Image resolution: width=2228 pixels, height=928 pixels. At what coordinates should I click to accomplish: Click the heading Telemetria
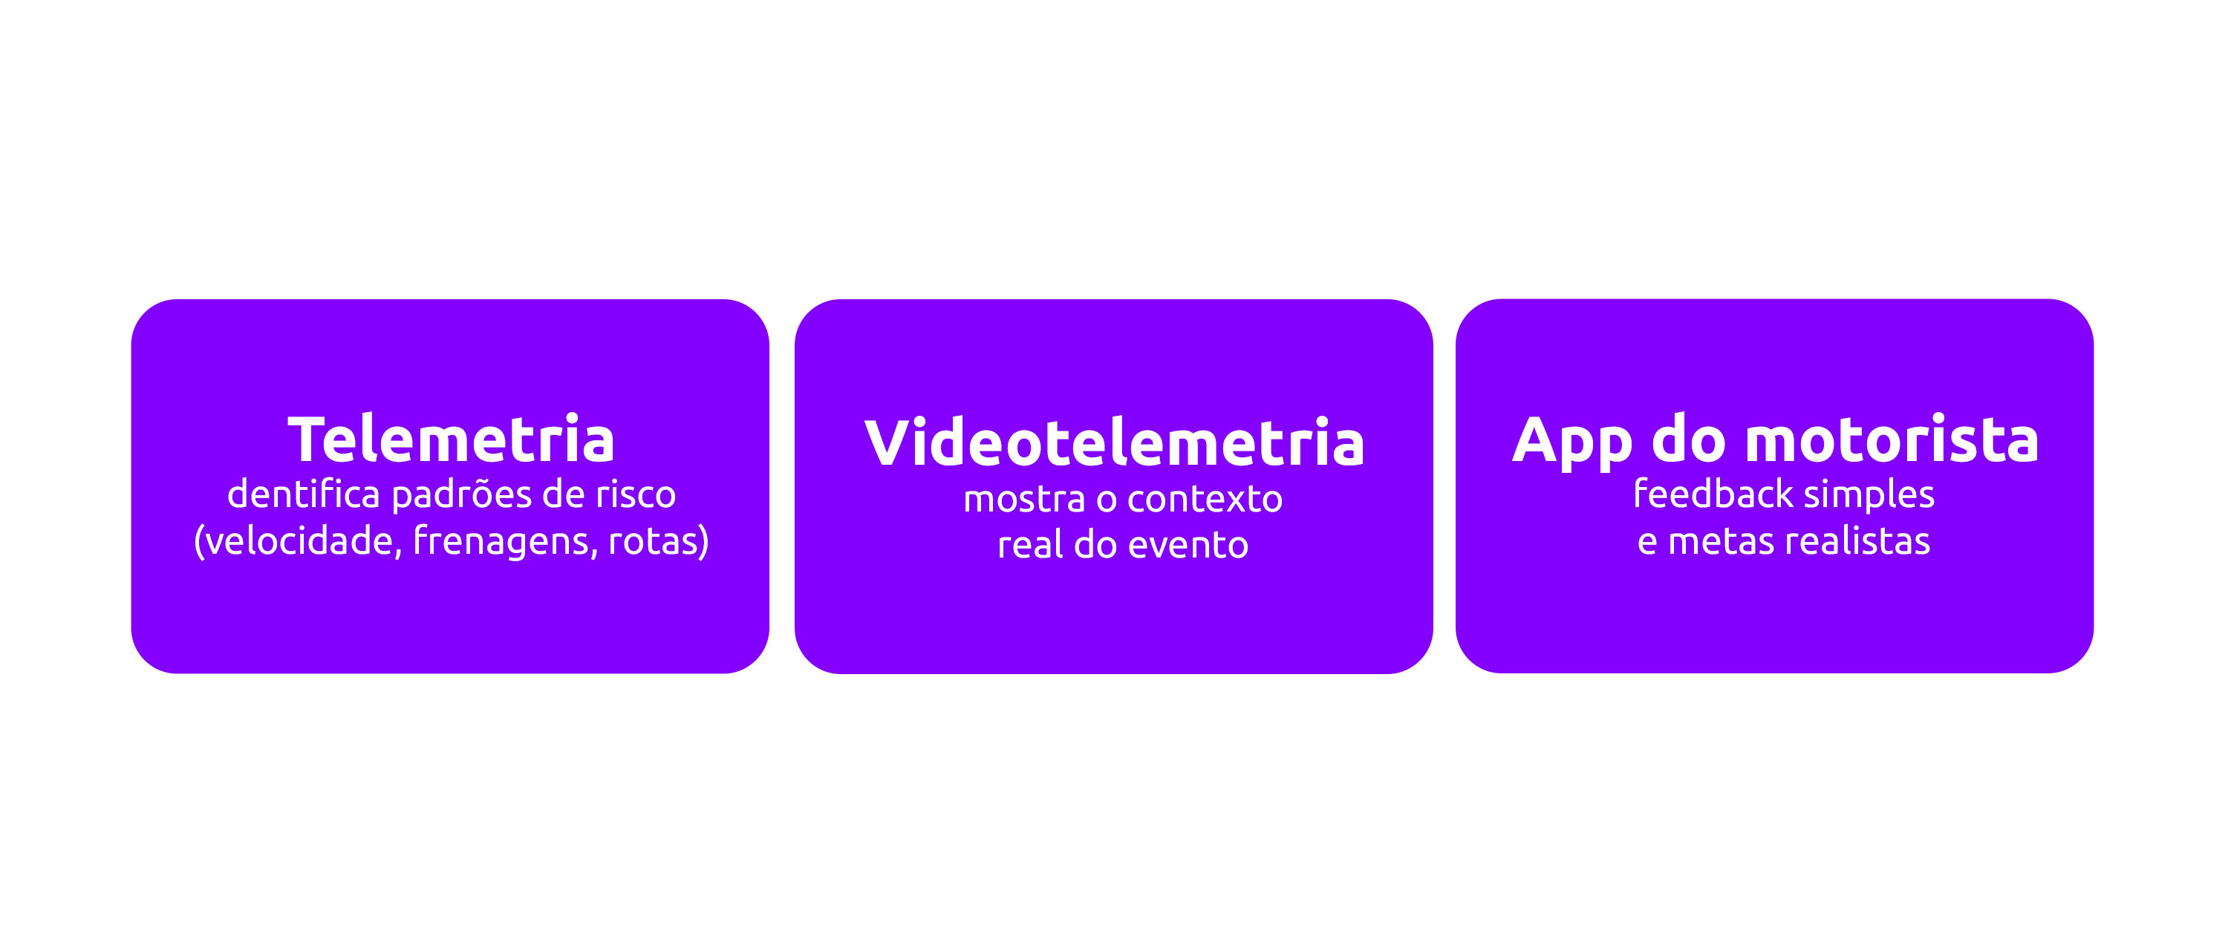(x=451, y=440)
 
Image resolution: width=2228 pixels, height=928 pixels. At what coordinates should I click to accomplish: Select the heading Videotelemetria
(x=1114, y=442)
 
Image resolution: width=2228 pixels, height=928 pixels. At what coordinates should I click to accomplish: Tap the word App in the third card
(x=1571, y=441)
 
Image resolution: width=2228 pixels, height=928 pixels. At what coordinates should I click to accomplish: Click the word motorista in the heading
(x=1892, y=440)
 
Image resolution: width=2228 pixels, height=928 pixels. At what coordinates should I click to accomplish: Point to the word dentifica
(x=304, y=494)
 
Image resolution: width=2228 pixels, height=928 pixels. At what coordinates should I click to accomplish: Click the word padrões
(x=462, y=494)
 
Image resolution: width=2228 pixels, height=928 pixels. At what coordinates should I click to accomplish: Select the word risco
(x=636, y=494)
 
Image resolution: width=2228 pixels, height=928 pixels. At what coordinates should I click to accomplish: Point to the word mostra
(x=1024, y=499)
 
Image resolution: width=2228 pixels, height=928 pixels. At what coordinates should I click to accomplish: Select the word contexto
(x=1205, y=499)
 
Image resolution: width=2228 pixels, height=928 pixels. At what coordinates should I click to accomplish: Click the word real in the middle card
(x=1030, y=546)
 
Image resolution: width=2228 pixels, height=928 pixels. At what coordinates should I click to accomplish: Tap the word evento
(x=1188, y=546)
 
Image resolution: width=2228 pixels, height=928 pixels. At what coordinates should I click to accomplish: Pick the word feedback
(x=1713, y=494)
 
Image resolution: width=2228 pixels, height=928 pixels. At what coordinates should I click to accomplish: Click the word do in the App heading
(x=1687, y=440)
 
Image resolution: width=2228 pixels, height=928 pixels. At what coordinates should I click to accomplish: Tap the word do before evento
(x=1095, y=546)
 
